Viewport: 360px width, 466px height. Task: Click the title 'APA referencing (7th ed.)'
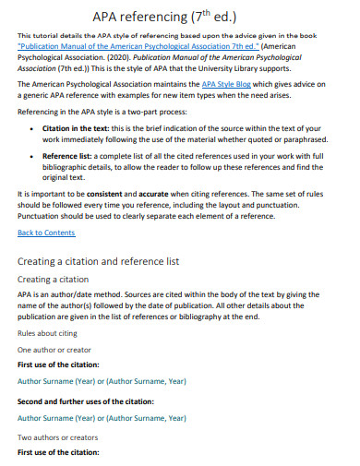(x=179, y=18)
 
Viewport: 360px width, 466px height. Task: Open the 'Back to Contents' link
(x=46, y=233)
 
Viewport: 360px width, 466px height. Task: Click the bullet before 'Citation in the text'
(x=34, y=154)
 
